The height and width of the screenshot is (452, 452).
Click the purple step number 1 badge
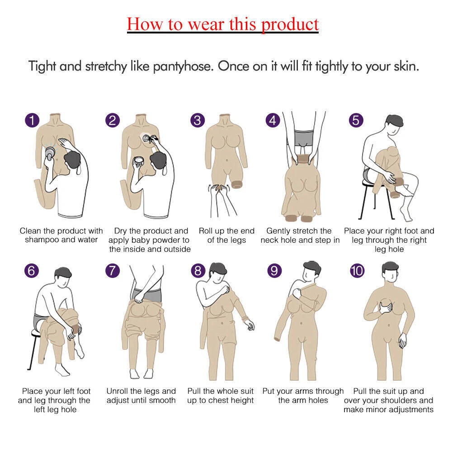(x=32, y=121)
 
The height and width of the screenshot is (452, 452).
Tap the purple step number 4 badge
(x=273, y=121)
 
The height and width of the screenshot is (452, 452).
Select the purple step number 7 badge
(x=113, y=271)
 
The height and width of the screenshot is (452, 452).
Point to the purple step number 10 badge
(x=357, y=271)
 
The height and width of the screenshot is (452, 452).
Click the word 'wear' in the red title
(x=206, y=24)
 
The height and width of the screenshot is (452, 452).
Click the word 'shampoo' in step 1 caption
(x=42, y=240)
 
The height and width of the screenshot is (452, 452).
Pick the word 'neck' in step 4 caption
(x=269, y=240)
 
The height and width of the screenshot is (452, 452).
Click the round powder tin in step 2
(x=139, y=162)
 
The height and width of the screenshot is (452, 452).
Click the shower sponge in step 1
(x=50, y=153)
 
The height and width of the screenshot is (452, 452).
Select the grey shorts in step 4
(x=304, y=139)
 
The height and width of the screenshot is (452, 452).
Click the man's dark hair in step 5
(x=395, y=120)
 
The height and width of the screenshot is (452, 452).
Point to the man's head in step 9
(x=311, y=271)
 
